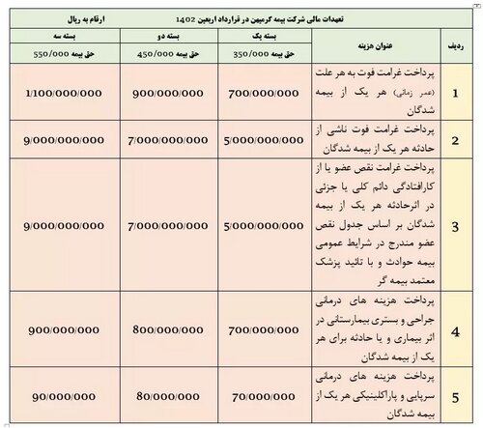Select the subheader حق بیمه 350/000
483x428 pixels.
256,56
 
